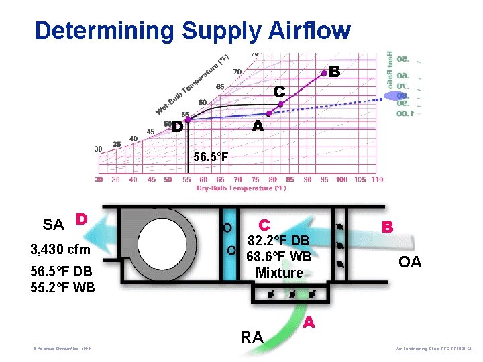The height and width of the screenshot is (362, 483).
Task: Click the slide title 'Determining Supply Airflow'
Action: [x=193, y=31]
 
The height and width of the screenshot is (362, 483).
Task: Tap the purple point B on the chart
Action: [x=324, y=74]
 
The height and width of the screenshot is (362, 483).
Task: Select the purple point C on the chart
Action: [x=281, y=103]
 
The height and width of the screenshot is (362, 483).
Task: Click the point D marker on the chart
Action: [x=189, y=120]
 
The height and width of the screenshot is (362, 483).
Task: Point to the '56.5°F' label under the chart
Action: [x=211, y=158]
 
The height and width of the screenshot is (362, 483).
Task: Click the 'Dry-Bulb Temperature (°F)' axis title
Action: [x=241, y=188]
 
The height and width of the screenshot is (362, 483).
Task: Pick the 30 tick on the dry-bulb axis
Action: [x=99, y=179]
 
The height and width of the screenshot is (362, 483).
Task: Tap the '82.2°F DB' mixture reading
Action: [x=278, y=241]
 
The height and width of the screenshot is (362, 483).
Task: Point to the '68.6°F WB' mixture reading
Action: [x=278, y=256]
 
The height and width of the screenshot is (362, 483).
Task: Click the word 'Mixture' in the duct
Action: [x=279, y=272]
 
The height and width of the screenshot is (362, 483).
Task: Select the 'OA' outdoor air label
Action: [x=410, y=262]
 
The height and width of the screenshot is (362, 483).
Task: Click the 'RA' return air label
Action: [x=252, y=337]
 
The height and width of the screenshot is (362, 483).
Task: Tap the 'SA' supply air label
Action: [x=53, y=225]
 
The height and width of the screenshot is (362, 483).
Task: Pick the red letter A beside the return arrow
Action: [x=308, y=323]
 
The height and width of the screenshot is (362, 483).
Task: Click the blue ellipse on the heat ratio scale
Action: [x=394, y=95]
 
